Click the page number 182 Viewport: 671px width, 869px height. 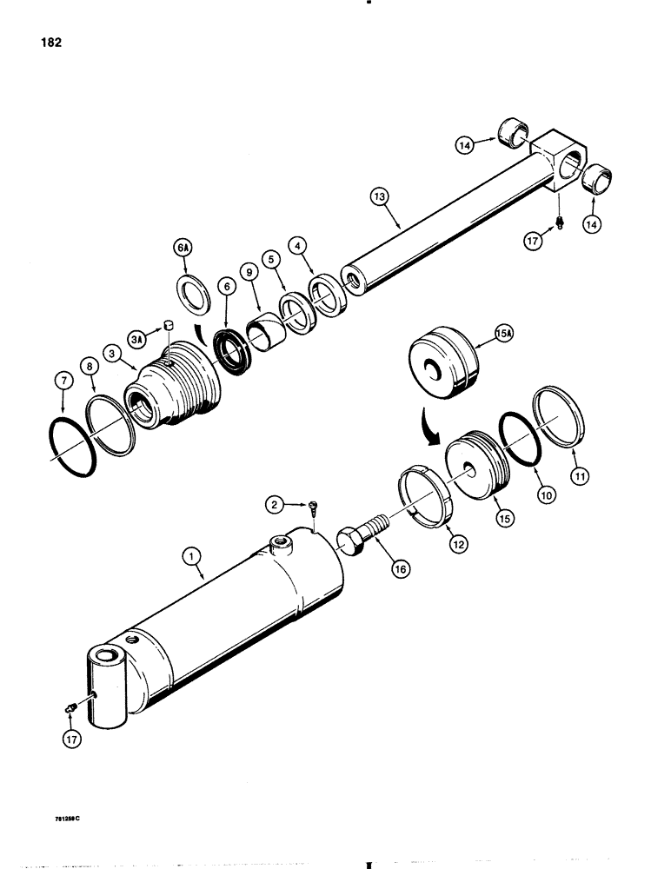point(49,41)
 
